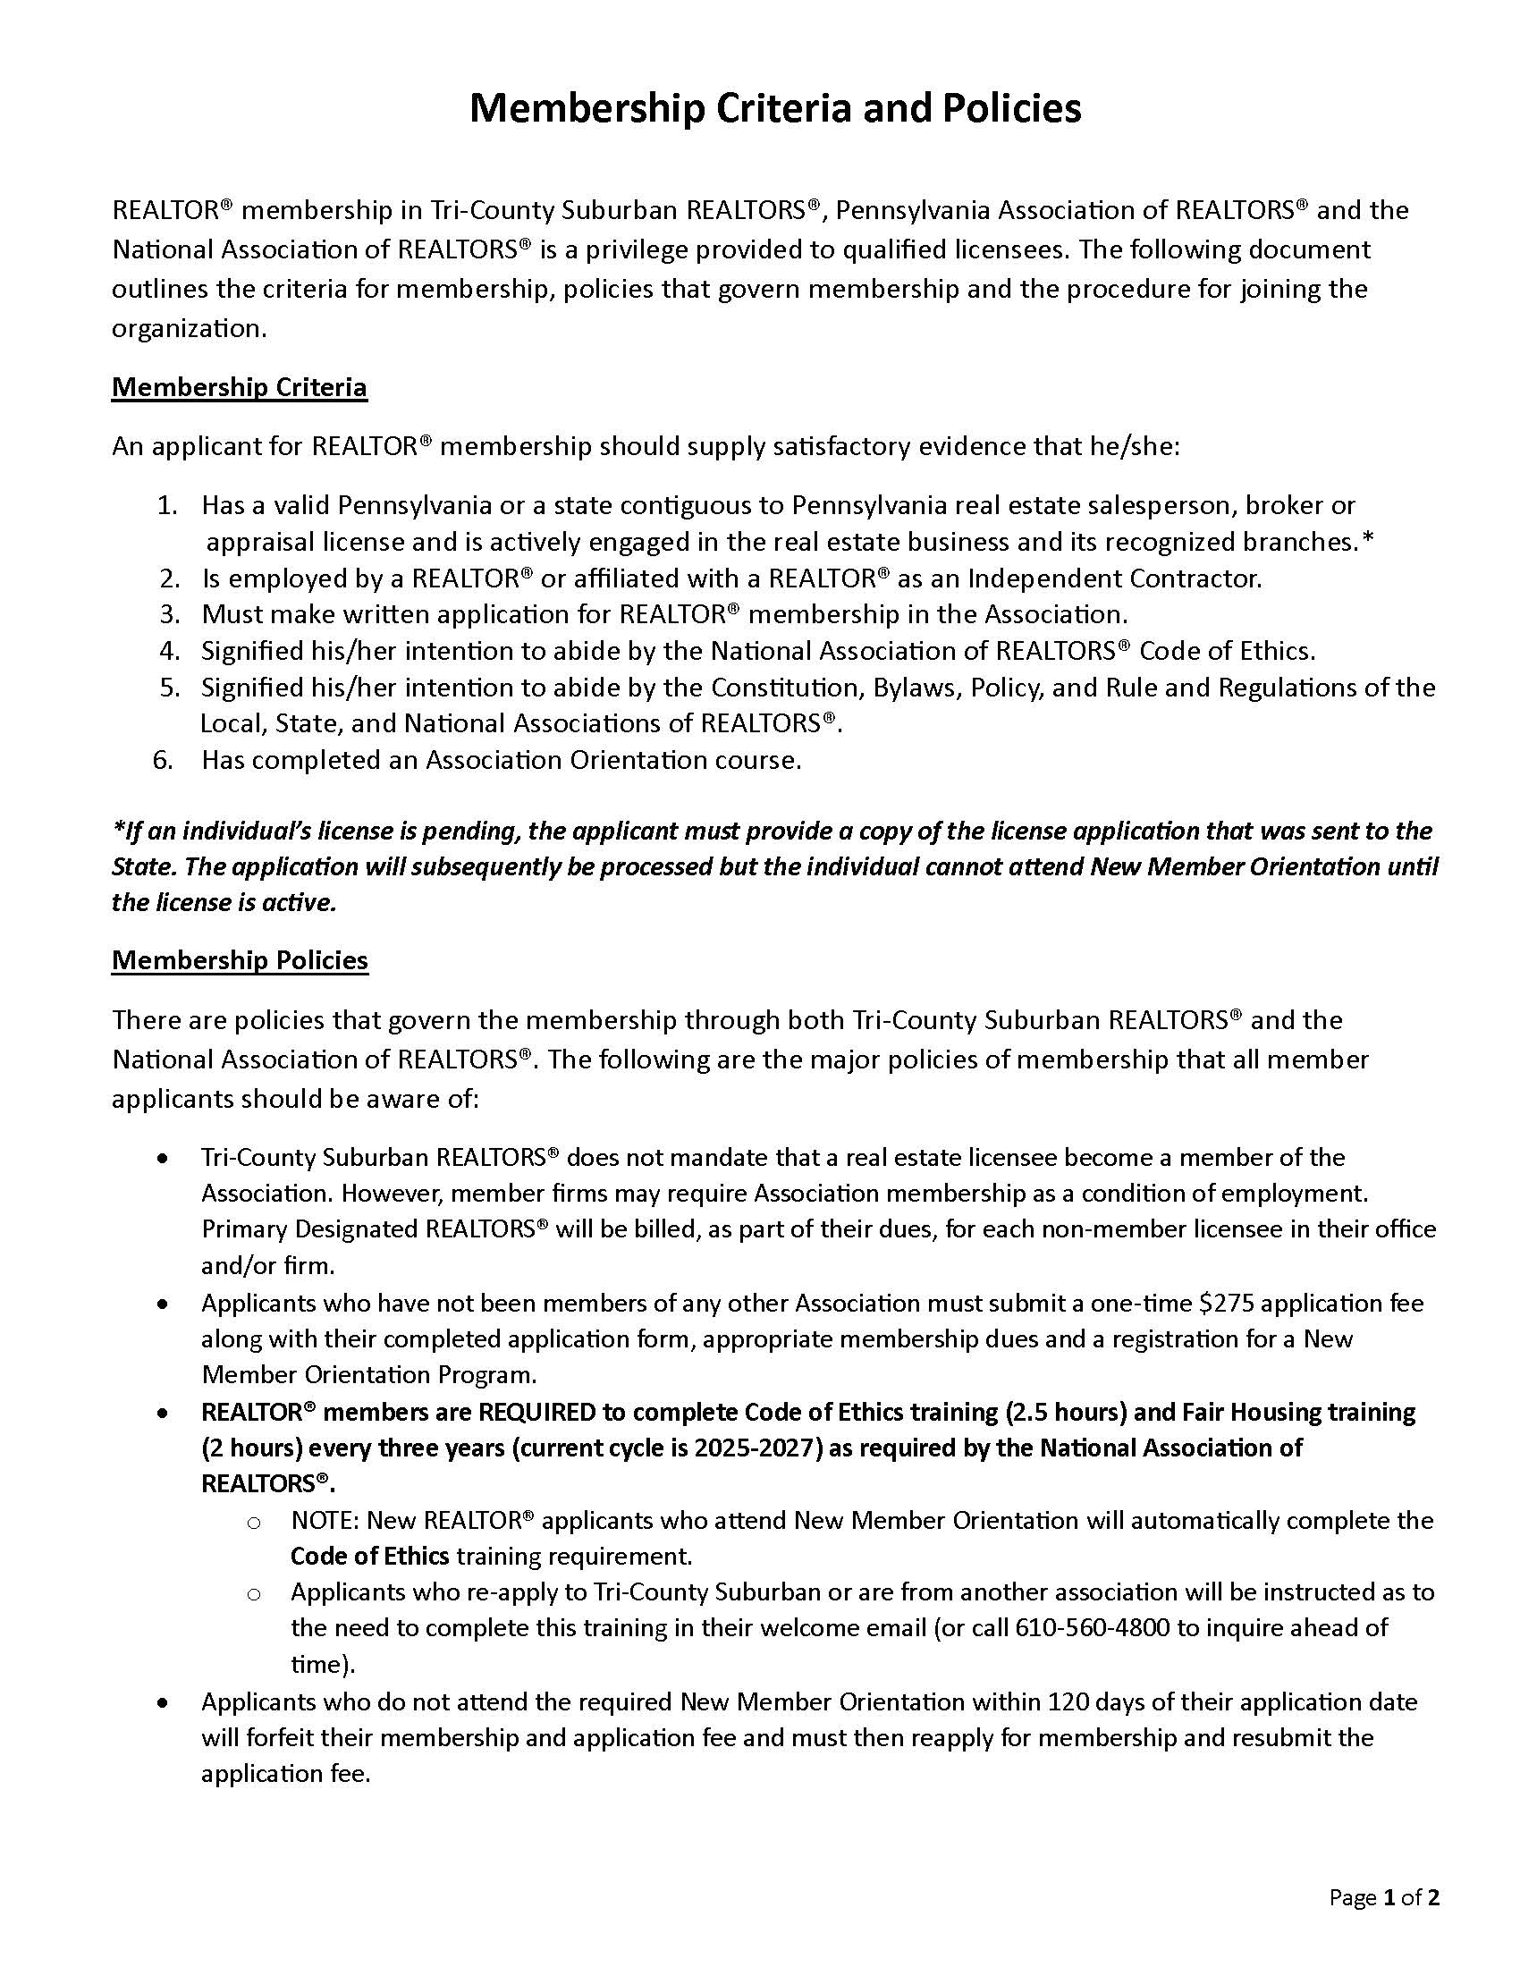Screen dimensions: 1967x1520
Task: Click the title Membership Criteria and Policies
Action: [775, 108]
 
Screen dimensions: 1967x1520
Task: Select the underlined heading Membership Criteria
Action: [239, 387]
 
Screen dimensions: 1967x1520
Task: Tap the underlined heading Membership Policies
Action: [240, 960]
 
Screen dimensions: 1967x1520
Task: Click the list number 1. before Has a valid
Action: [166, 505]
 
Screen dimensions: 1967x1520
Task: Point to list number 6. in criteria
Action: [163, 760]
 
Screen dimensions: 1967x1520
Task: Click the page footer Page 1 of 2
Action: [1384, 1897]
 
